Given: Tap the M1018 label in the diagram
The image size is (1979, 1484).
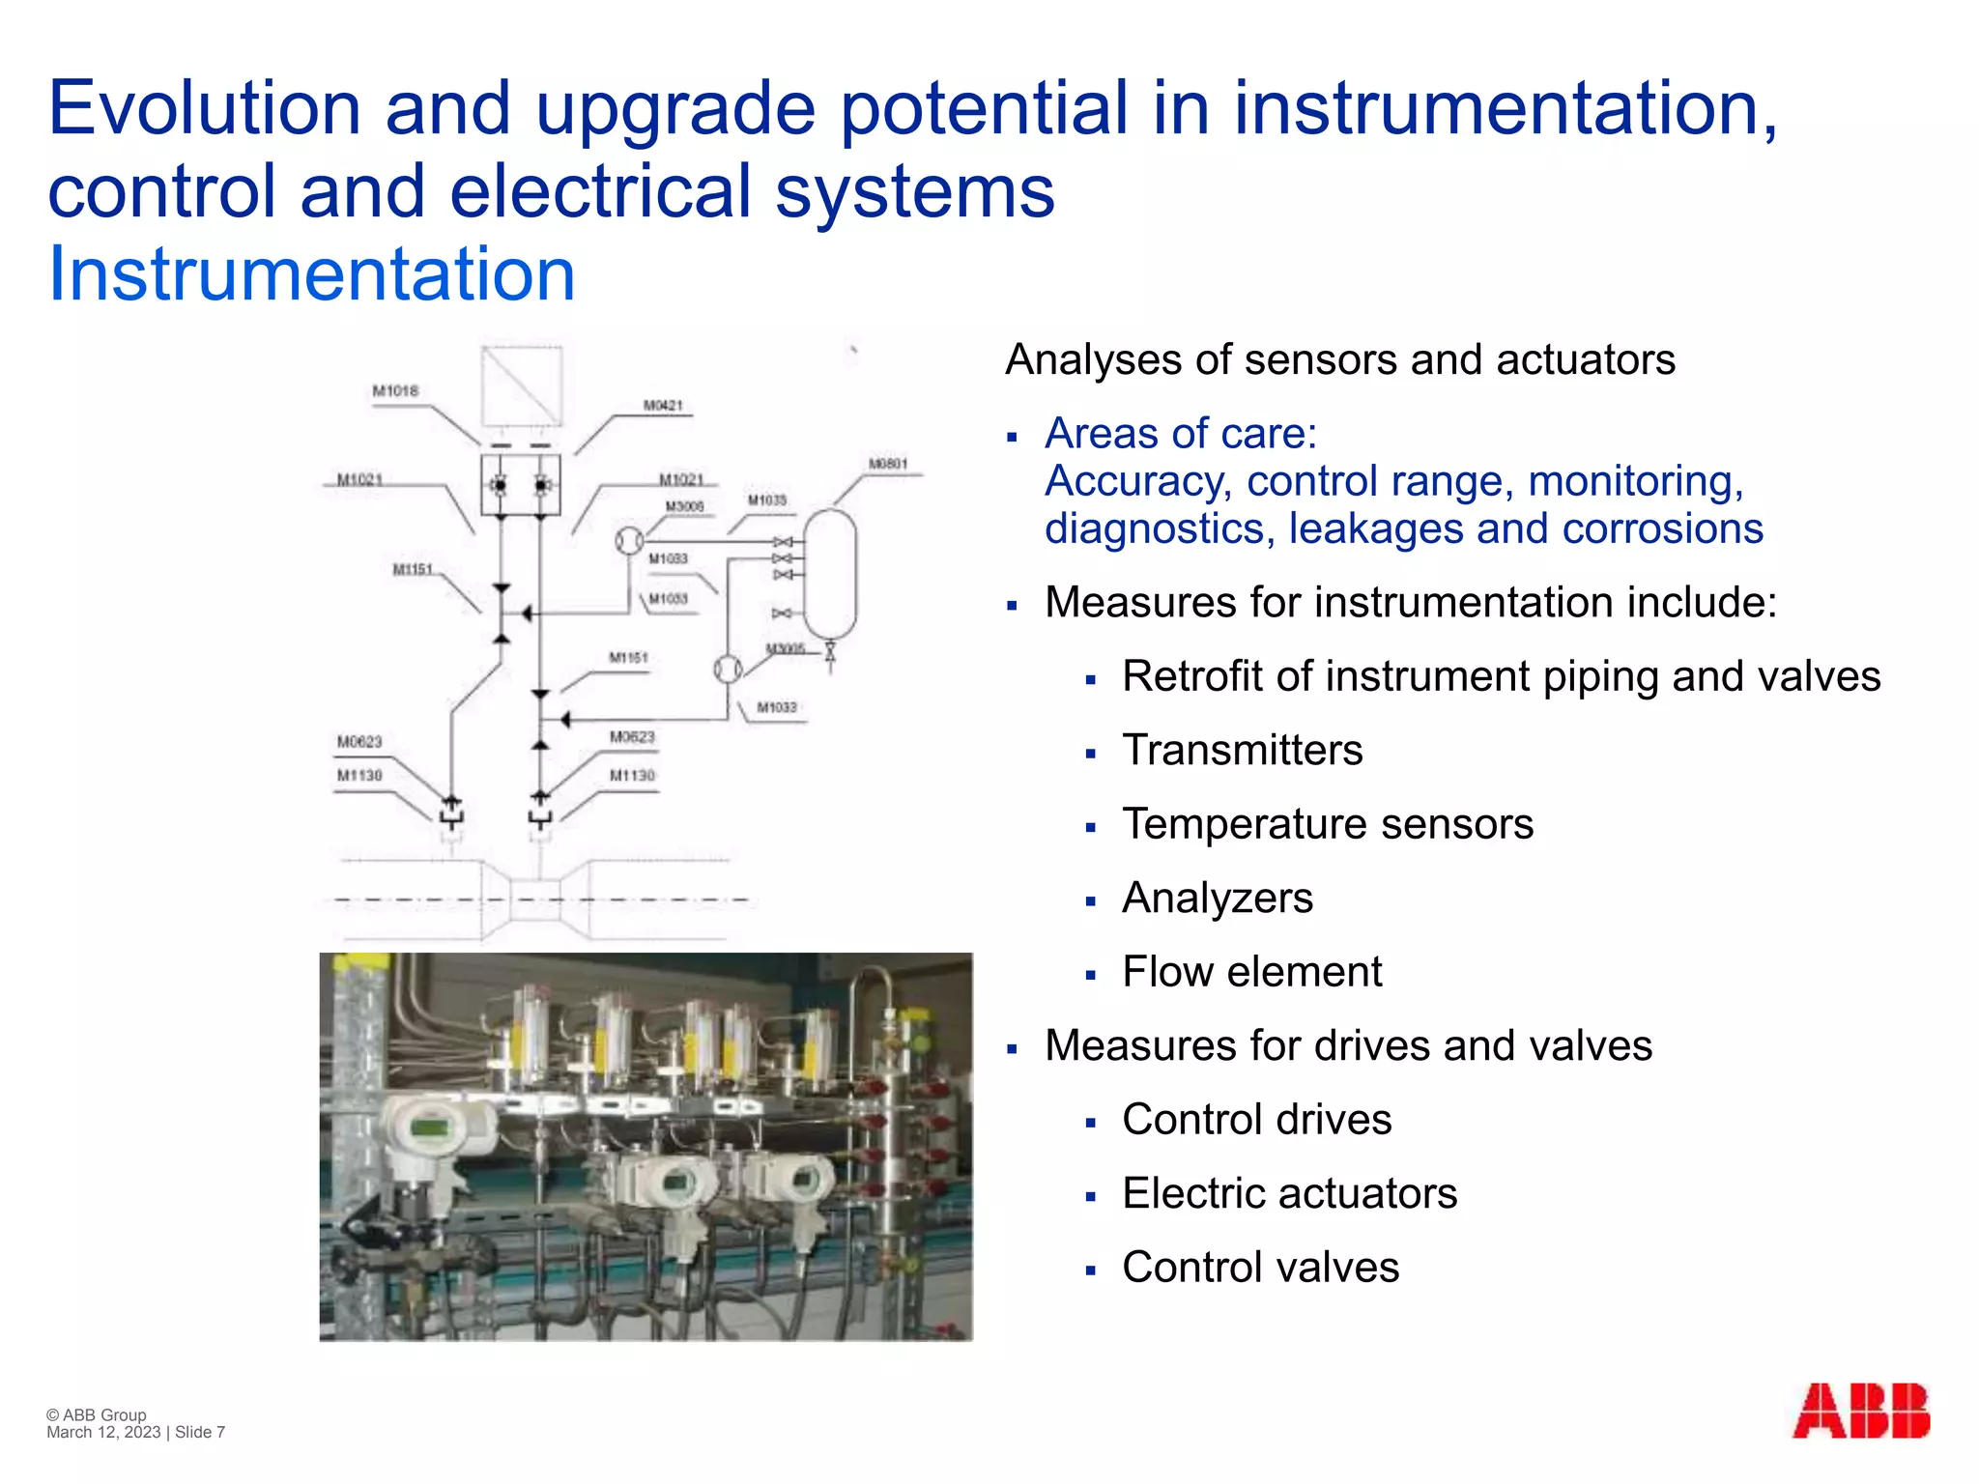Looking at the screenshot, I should (395, 391).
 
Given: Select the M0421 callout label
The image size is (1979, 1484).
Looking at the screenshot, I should (663, 406).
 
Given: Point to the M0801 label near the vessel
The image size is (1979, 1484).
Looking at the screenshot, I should (888, 464).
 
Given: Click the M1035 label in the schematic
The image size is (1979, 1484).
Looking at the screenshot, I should (767, 500).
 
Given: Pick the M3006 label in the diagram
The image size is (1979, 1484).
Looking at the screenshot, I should (684, 507).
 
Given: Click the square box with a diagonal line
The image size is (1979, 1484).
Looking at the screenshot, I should (522, 385).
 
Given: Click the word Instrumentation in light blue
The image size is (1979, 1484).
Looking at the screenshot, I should (311, 274).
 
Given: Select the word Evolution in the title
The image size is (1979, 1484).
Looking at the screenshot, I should (204, 108).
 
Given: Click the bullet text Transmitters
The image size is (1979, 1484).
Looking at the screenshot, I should (1242, 751).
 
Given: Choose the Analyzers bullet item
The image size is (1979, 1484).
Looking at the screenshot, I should (1218, 899).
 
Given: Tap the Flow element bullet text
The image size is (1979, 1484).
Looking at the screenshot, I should (1251, 972).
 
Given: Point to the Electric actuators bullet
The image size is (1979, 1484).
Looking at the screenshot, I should (1289, 1194).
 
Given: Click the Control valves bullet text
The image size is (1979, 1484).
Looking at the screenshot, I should (1260, 1268).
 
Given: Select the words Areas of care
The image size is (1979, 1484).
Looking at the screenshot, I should (1180, 434).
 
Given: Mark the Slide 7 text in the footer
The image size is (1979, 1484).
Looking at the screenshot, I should (200, 1433).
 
